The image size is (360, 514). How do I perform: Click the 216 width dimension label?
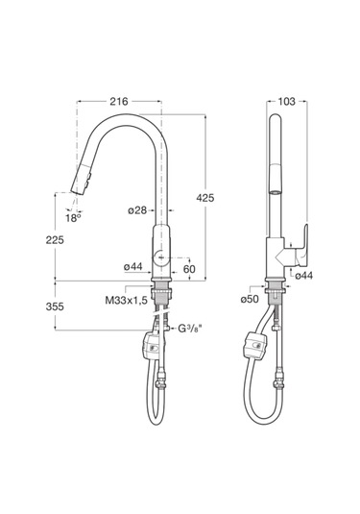pyautogui.click(x=119, y=102)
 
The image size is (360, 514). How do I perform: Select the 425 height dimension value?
pyautogui.click(x=205, y=198)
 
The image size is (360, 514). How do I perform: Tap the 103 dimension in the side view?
pyautogui.click(x=287, y=102)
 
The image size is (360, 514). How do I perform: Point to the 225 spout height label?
pyautogui.click(x=55, y=240)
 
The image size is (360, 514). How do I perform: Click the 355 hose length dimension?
pyautogui.click(x=55, y=306)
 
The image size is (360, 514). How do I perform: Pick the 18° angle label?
pyautogui.click(x=73, y=218)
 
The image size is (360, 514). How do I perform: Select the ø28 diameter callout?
pyautogui.click(x=137, y=210)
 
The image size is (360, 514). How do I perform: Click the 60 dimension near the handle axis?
pyautogui.click(x=189, y=269)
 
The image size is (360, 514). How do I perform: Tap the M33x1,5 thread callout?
pyautogui.click(x=127, y=301)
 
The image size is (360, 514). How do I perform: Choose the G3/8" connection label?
pyautogui.click(x=190, y=328)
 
